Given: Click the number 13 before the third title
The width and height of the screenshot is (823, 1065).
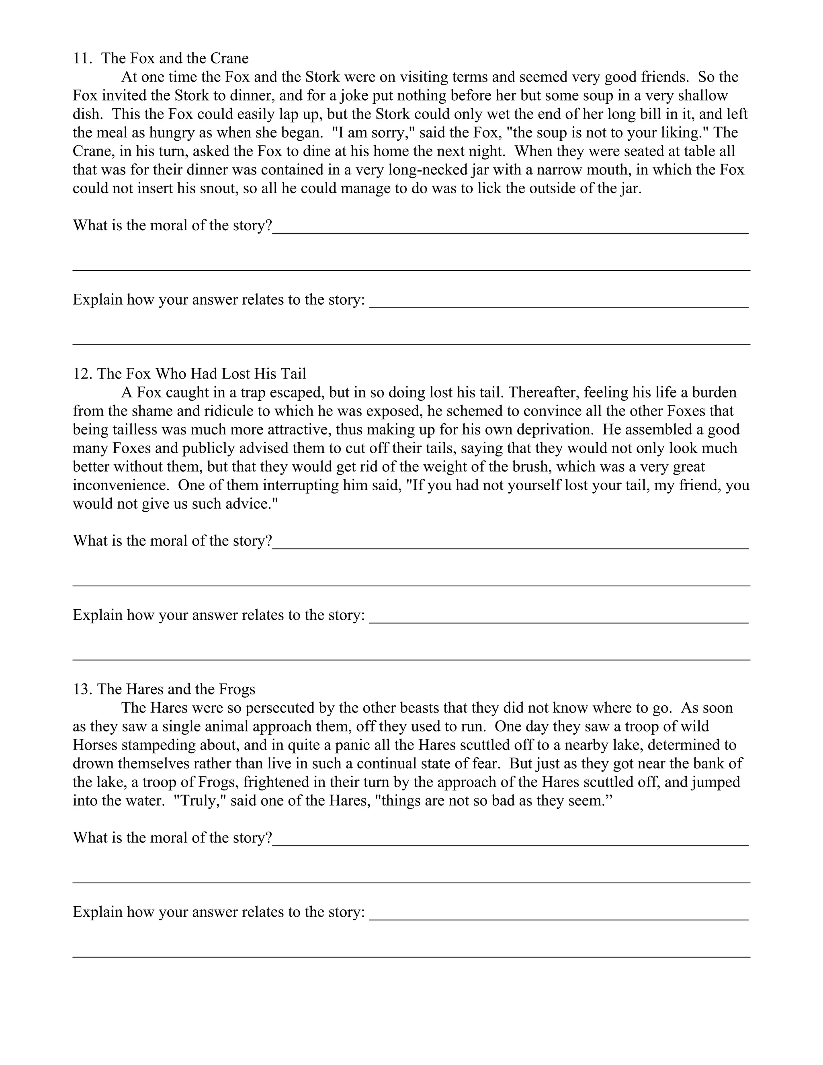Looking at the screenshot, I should point(82,688).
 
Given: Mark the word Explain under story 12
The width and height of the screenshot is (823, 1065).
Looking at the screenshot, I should point(98,615).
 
